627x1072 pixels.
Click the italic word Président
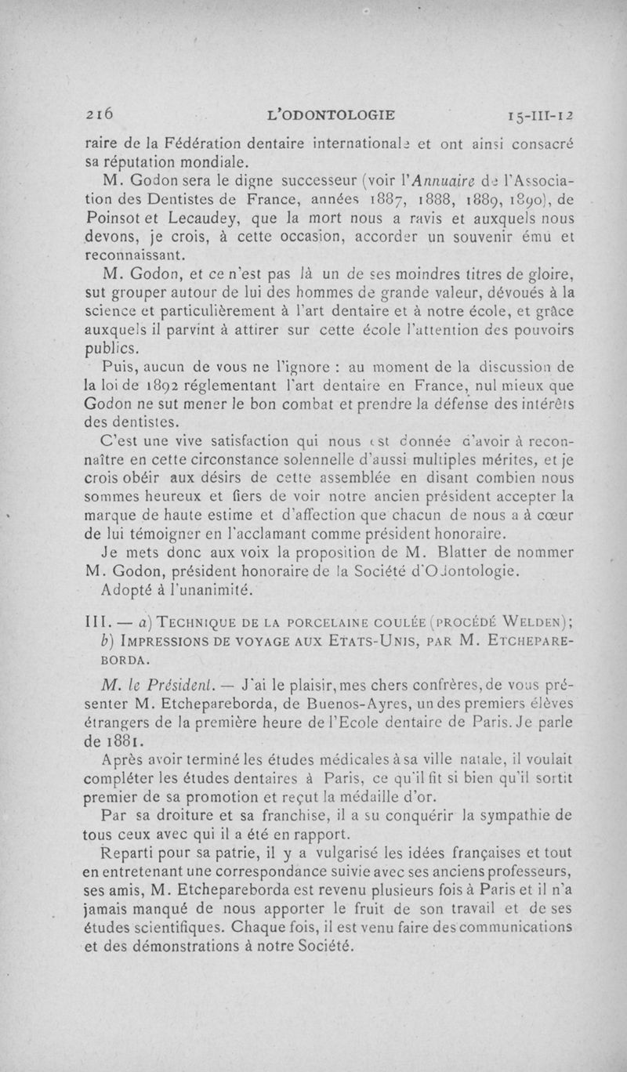(x=166, y=680)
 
